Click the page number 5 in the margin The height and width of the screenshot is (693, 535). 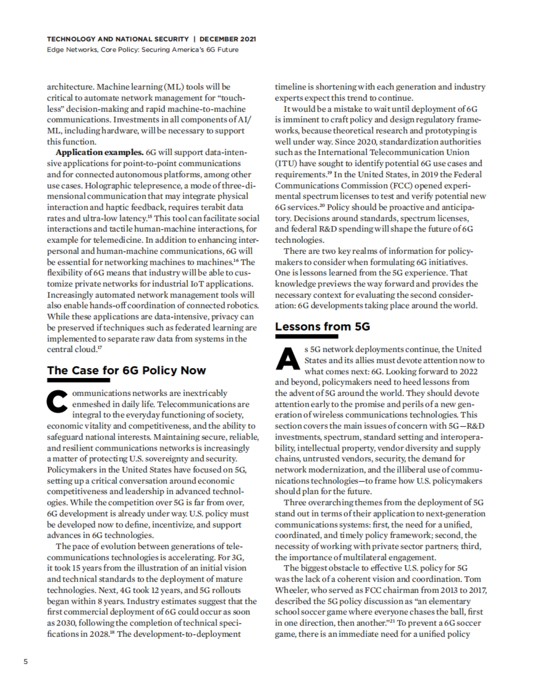[25, 661]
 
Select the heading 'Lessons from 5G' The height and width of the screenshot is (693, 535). [322, 327]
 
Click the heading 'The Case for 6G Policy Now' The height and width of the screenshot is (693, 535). [127, 370]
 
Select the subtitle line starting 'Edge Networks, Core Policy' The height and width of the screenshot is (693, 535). [143, 49]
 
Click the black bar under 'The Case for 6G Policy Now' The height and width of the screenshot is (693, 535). [78, 380]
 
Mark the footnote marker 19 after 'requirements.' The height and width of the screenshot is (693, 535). [329, 173]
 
